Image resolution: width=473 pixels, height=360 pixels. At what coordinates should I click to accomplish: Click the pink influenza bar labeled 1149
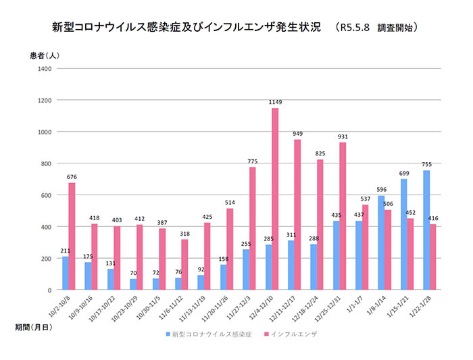point(275,199)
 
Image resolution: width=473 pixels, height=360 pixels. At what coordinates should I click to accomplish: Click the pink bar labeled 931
point(343,216)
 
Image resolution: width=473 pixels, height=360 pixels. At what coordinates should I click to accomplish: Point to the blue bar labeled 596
point(381,242)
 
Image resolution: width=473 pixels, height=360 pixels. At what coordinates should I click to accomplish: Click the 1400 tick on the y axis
point(43,68)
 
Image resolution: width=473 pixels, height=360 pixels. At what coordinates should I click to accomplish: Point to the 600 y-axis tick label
point(45,195)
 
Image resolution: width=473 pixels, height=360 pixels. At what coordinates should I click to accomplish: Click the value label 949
point(297,134)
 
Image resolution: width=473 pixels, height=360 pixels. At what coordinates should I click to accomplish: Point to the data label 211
point(65,251)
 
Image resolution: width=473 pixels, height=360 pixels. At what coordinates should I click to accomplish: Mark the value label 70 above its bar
point(132,273)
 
